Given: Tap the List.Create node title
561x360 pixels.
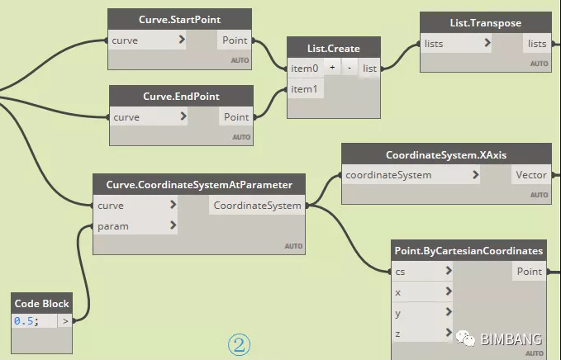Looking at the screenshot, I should click(x=333, y=48).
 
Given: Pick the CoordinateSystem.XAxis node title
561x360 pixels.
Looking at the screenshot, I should click(x=446, y=154).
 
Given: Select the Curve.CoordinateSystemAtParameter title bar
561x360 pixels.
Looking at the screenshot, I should click(x=199, y=184).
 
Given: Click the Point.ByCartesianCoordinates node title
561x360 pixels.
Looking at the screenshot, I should click(x=468, y=250).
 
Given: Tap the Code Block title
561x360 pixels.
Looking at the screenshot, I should click(x=42, y=302).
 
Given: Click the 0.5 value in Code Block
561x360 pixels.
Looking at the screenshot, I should click(x=26, y=320).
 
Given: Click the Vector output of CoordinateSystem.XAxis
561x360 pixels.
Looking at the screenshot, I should click(x=530, y=175).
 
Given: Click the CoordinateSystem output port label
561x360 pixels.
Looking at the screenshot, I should click(x=257, y=205).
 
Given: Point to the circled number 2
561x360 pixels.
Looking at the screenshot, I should click(x=240, y=343).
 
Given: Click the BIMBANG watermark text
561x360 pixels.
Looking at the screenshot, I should click(x=511, y=339).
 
